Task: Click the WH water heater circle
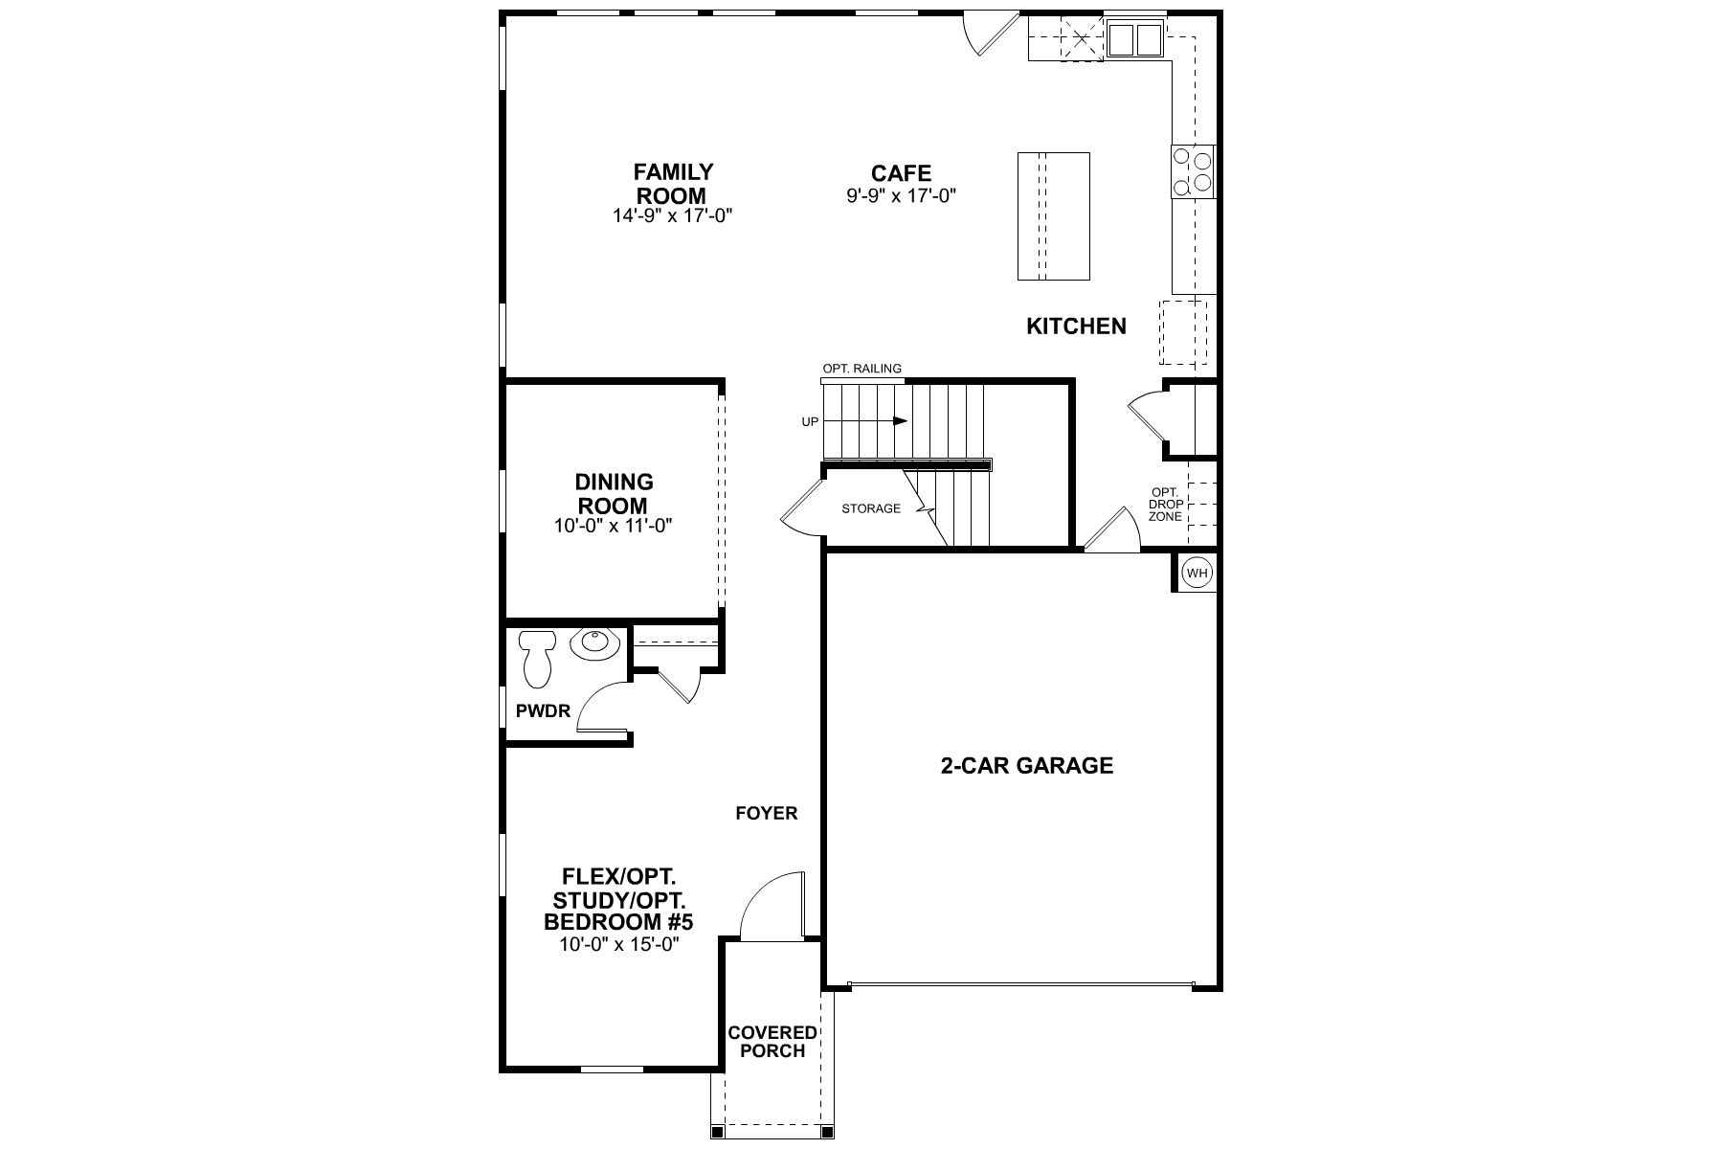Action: [x=1197, y=573]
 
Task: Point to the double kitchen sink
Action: [x=1134, y=39]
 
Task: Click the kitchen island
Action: [x=1053, y=215]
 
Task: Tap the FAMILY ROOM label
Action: [x=674, y=184]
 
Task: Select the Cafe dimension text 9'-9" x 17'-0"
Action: [x=901, y=196]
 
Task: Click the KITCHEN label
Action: [x=1076, y=327]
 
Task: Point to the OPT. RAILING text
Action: [x=862, y=369]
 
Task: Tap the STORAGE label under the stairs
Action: [x=871, y=508]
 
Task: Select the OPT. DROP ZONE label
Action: [x=1165, y=505]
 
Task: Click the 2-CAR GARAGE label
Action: [x=1027, y=766]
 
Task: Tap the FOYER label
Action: [x=766, y=814]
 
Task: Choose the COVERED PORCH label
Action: [x=772, y=1042]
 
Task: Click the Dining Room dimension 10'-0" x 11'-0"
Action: [x=613, y=526]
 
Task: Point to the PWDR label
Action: [x=543, y=711]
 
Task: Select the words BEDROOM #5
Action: [x=618, y=922]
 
